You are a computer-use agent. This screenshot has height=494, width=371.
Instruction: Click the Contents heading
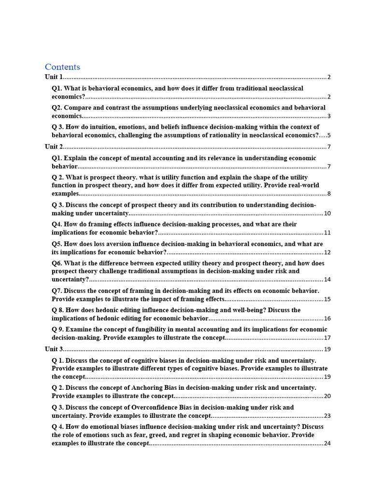62,67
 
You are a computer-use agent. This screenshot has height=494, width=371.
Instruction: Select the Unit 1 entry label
54,77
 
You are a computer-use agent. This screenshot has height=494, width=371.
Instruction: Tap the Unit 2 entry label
54,147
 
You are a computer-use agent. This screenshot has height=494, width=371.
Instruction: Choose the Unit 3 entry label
54,349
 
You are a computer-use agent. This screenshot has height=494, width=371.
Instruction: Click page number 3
328,116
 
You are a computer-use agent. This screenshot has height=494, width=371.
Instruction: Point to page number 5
328,136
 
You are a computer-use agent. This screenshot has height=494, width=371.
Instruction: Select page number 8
328,194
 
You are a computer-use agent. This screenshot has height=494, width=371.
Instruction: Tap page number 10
327,213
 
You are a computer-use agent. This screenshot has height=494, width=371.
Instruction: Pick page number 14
327,280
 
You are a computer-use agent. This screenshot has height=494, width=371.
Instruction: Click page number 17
327,338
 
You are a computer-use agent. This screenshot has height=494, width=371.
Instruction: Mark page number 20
327,396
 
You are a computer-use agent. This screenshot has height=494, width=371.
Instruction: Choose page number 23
327,416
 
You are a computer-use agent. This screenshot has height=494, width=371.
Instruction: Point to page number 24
327,443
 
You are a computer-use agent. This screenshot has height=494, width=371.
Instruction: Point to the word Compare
77,108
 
